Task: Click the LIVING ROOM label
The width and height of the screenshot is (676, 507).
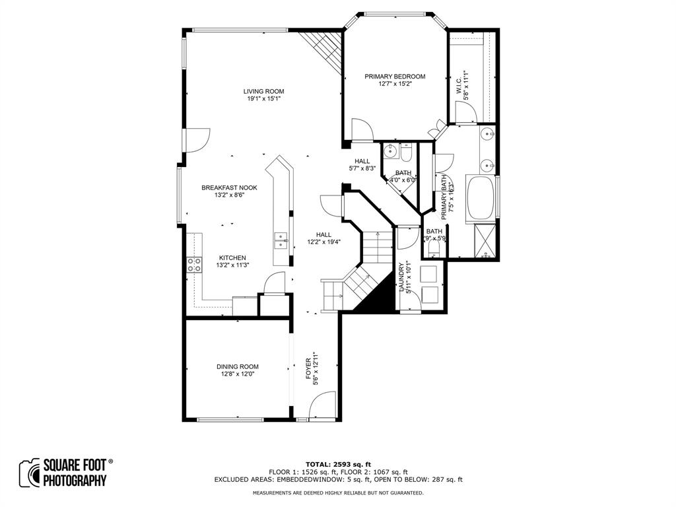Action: pyautogui.click(x=263, y=91)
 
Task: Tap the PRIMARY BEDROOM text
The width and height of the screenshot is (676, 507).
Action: pyautogui.click(x=395, y=77)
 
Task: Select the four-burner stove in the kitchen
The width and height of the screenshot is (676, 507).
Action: pyautogui.click(x=195, y=265)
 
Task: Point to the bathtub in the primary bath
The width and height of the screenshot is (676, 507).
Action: pyautogui.click(x=481, y=197)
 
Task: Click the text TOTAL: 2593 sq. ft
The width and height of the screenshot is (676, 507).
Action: pyautogui.click(x=337, y=464)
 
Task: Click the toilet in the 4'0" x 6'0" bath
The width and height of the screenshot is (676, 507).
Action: pyautogui.click(x=406, y=153)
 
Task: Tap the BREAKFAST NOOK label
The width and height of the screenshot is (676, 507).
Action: pyautogui.click(x=229, y=187)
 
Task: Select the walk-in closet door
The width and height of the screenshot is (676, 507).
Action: pyautogui.click(x=466, y=113)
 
